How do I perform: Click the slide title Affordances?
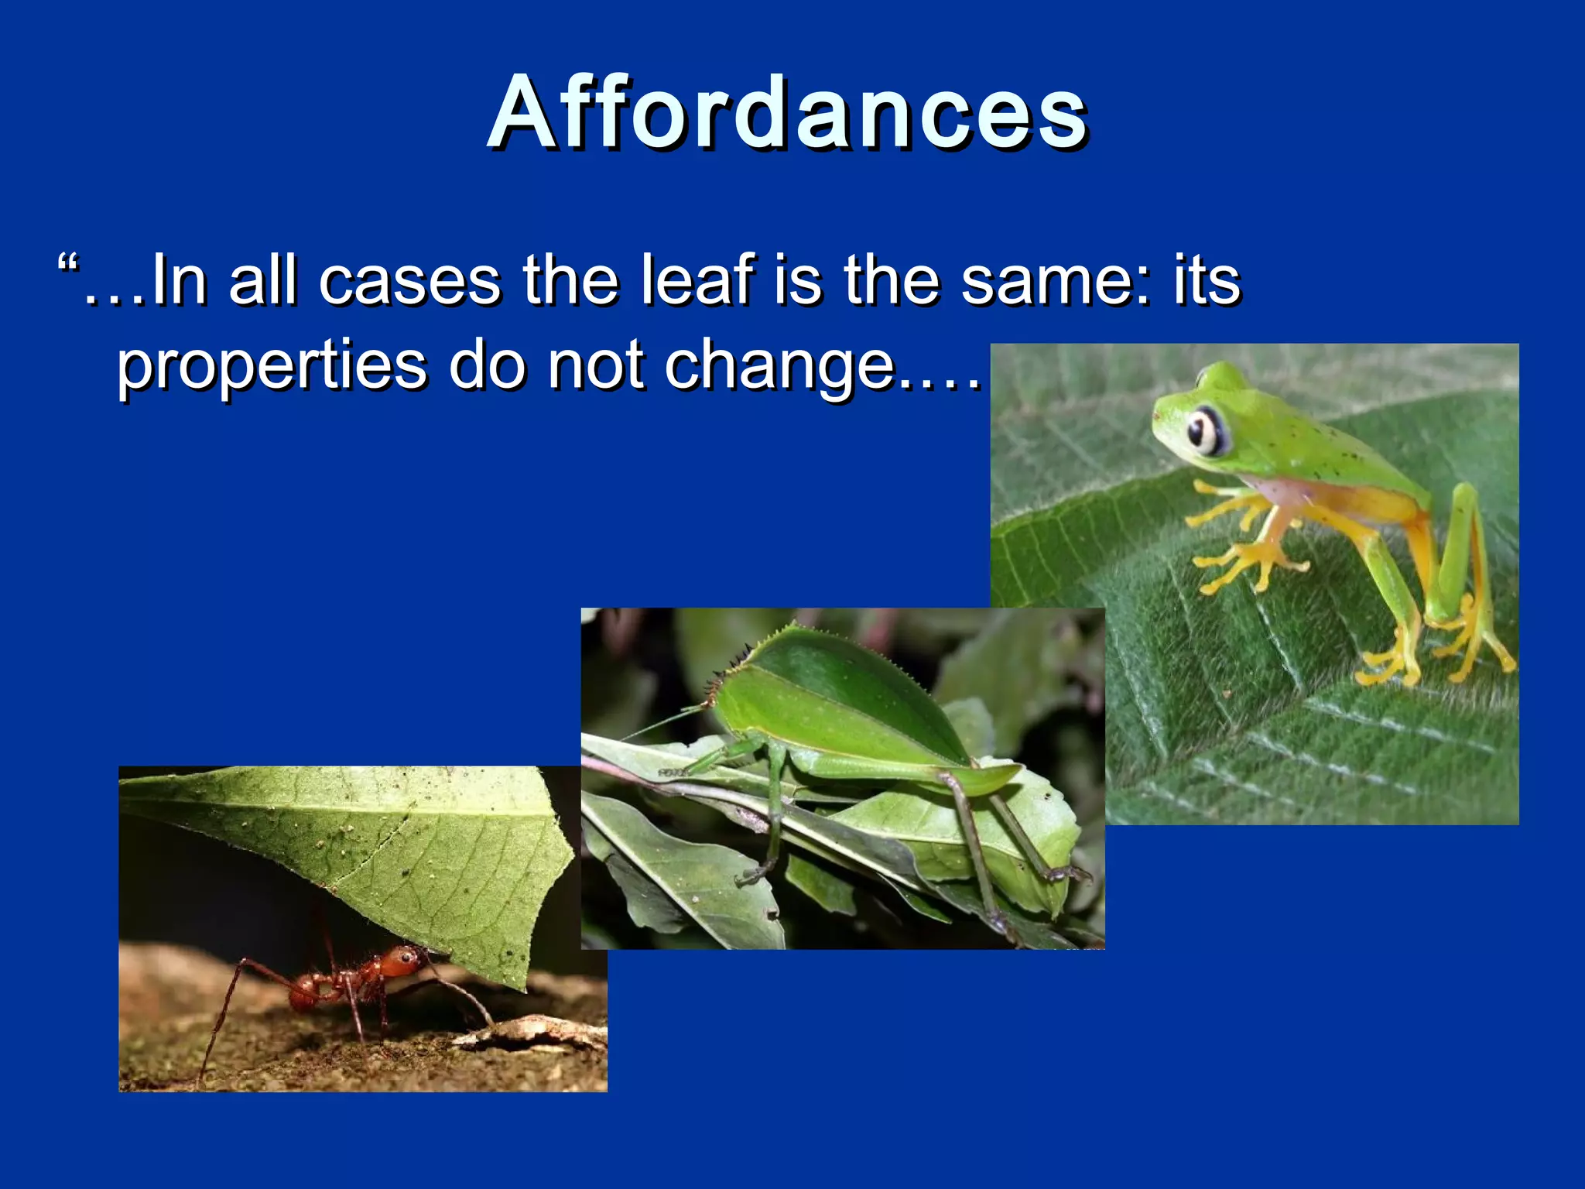788,112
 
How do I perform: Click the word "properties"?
271,365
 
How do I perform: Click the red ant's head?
401,965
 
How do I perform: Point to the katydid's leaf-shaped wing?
836,697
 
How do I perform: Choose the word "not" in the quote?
594,365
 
